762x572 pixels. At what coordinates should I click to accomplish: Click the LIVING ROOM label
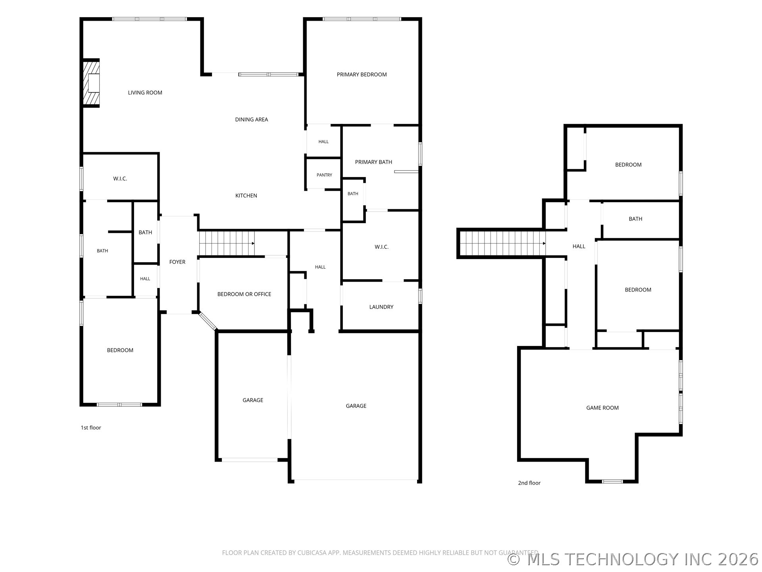coord(145,93)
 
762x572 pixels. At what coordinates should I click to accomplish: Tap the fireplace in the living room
coord(91,83)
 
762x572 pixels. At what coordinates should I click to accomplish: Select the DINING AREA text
coord(252,119)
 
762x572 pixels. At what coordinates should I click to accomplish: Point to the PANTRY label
coord(324,175)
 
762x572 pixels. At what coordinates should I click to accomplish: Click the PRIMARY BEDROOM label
coord(362,74)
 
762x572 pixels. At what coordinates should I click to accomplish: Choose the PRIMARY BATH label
coord(373,162)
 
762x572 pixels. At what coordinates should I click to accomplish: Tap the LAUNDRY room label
coord(381,307)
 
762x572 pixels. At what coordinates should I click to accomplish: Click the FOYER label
coord(177,262)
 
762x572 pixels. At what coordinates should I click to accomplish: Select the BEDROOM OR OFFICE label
coord(244,294)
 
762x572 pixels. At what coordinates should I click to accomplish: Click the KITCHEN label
coord(246,195)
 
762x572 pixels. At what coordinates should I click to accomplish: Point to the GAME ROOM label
coord(602,408)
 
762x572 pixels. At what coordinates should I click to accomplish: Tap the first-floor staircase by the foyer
coord(227,243)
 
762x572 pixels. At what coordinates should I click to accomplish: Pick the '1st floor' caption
coord(91,427)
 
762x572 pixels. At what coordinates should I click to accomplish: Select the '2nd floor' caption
coord(529,483)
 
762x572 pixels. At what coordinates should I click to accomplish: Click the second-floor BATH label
coord(635,218)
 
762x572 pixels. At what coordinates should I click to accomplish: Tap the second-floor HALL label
coord(579,246)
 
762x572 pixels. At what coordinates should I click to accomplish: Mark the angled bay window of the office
coord(208,321)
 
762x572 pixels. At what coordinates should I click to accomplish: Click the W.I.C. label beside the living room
coord(120,178)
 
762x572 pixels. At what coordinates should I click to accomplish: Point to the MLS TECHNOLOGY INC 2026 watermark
coord(633,559)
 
